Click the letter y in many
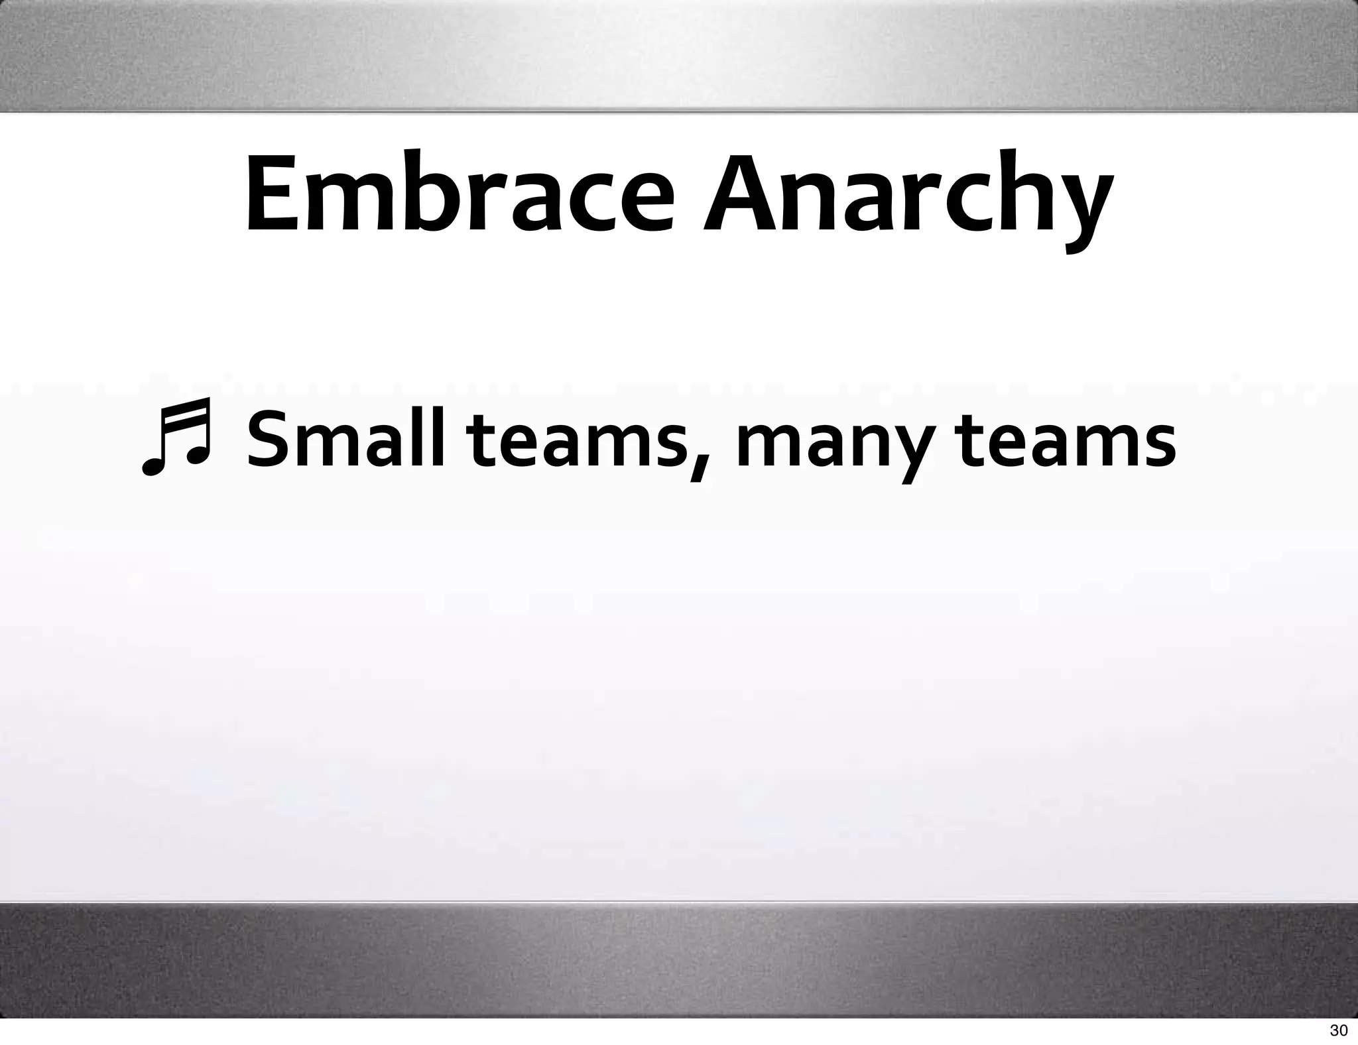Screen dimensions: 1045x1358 [x=918, y=451]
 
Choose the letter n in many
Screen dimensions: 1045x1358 [x=868, y=444]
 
